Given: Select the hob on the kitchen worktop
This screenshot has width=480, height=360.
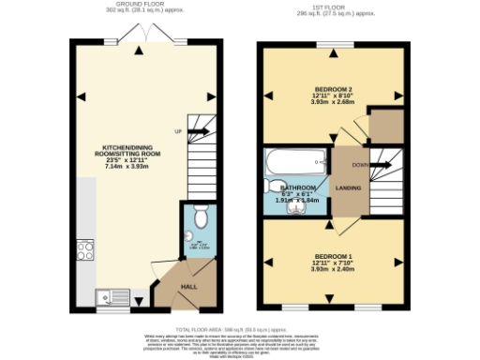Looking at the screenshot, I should [x=84, y=251].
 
